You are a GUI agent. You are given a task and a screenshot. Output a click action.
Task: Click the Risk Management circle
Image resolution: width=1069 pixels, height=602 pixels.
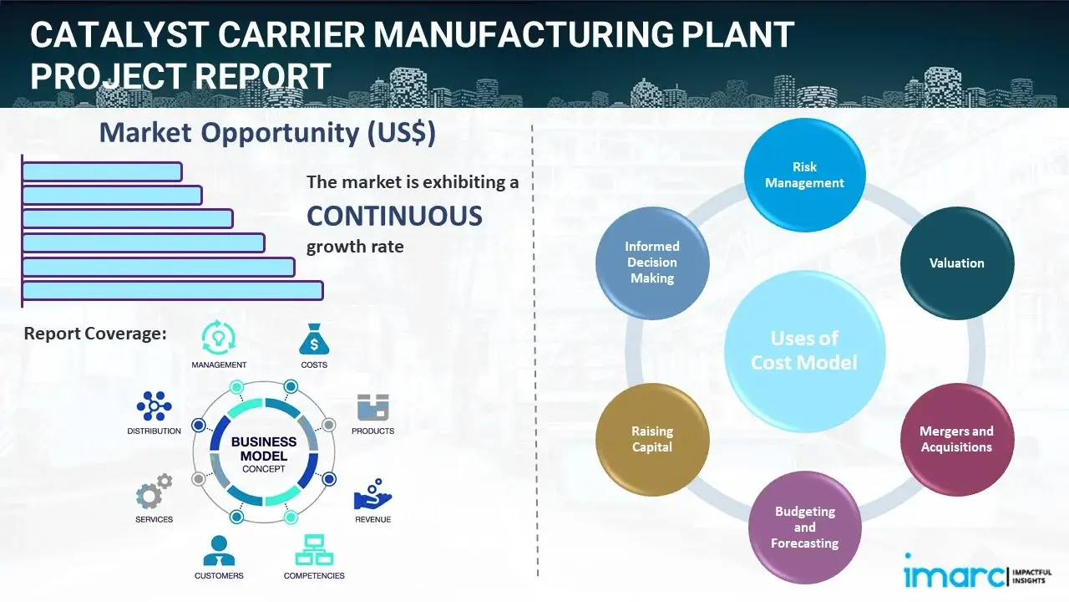(x=804, y=175)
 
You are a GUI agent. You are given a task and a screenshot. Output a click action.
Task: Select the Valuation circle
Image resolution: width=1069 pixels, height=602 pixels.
(x=956, y=263)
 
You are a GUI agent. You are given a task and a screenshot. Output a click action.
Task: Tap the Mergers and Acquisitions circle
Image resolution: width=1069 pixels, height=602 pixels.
(x=956, y=439)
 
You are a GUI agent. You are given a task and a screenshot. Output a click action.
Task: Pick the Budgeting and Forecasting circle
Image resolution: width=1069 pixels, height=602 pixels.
(x=804, y=527)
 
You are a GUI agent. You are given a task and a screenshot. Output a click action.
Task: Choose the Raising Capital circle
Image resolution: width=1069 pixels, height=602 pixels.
(x=652, y=439)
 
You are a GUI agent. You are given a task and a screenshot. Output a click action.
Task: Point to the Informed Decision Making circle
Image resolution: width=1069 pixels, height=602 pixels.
(x=652, y=263)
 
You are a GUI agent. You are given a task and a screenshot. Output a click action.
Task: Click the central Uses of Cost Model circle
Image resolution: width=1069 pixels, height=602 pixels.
(x=804, y=350)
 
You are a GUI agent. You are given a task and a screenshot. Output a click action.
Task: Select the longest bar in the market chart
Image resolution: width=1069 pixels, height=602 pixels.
(x=172, y=290)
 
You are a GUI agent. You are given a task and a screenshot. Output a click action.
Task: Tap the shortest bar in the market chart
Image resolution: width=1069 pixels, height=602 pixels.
(x=102, y=171)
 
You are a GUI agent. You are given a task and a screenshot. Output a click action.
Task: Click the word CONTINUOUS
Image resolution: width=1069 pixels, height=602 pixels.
(x=394, y=217)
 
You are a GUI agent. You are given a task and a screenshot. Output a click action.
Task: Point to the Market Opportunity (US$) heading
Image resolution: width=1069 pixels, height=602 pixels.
(x=267, y=133)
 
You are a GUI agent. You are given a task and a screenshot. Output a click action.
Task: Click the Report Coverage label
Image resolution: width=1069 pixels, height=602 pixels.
(x=95, y=334)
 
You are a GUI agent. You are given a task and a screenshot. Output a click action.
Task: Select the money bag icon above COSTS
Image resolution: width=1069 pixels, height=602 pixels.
(x=313, y=340)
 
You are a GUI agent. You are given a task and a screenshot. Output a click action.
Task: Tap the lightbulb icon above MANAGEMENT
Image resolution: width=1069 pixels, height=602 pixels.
(x=219, y=339)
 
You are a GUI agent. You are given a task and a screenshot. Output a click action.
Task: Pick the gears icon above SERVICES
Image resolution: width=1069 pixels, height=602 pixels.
(x=155, y=492)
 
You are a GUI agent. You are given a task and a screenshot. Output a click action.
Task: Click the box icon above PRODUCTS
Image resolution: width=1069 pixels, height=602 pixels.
(x=373, y=407)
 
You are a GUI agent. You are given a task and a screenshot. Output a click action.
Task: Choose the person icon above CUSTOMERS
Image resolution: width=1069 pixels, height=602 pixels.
(x=219, y=550)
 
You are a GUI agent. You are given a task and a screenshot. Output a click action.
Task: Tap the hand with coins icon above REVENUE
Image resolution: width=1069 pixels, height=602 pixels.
(x=372, y=495)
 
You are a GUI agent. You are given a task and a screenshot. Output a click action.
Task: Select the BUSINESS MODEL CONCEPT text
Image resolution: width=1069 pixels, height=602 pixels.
(x=264, y=454)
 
